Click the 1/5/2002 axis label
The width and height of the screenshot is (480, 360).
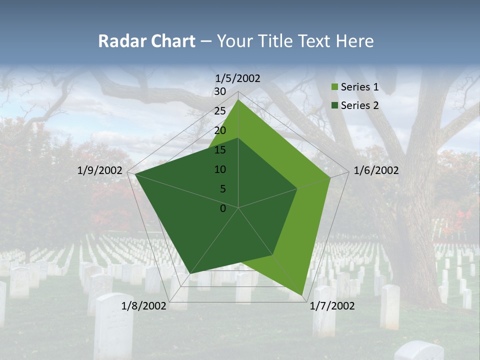pos(237,78)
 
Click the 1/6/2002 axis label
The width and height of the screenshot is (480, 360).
pos(376,170)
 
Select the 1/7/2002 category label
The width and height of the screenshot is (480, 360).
pos(332,305)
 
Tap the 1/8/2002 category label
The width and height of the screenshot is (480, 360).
pos(143,305)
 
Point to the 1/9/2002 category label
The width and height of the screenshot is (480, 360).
pos(100,170)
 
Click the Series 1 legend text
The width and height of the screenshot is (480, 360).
pos(359,87)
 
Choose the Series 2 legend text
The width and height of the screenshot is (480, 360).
pos(359,105)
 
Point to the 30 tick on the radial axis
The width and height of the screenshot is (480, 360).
pos(220,91)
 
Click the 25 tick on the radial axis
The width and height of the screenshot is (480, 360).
pos(220,111)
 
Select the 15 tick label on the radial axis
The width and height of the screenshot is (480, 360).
pos(220,150)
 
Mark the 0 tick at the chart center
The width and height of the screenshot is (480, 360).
pos(223,208)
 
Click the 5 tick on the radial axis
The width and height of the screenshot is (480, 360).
pos(223,189)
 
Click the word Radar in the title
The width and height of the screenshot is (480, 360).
pos(118,41)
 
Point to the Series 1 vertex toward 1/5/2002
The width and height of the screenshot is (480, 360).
pos(238,100)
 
